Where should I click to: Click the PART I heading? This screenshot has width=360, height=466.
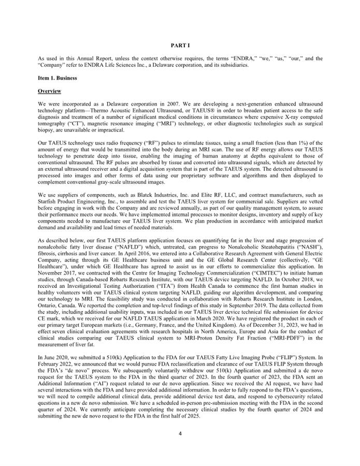click(x=180, y=46)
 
